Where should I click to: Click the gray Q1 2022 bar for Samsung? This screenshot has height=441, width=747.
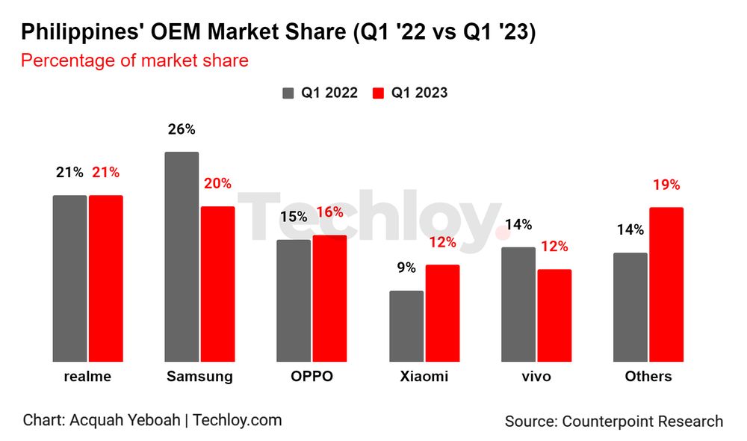tap(182, 257)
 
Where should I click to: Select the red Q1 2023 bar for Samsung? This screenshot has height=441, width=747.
tap(217, 284)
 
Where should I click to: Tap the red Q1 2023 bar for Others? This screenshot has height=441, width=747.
tap(666, 285)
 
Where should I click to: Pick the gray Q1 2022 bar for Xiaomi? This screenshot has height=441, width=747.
tap(406, 327)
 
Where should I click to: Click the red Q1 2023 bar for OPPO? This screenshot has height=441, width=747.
tap(329, 299)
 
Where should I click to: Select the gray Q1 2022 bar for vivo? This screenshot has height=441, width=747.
tap(518, 305)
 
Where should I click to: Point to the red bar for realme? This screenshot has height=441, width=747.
tap(105, 279)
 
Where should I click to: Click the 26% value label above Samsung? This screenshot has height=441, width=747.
tap(182, 129)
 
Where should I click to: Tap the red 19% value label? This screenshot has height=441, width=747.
tap(666, 185)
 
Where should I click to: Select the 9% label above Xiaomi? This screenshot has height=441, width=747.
tap(406, 268)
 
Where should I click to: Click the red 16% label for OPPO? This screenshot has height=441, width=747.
tap(329, 212)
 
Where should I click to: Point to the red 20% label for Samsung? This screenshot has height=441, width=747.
tap(217, 184)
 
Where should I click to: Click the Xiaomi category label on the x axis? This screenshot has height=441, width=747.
tap(424, 376)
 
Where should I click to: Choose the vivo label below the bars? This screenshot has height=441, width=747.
tap(536, 376)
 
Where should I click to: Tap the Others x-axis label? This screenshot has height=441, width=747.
tap(648, 376)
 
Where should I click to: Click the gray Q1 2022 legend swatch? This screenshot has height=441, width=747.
tap(288, 93)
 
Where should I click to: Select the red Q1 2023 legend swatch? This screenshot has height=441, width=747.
tap(378, 93)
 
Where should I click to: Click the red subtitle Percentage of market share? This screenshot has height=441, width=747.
tap(134, 61)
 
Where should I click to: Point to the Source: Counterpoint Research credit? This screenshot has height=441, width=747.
tap(613, 422)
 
